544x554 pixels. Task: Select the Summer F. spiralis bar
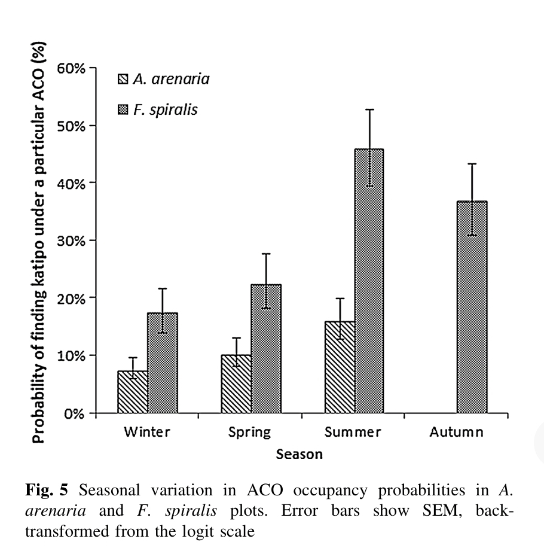coord(369,281)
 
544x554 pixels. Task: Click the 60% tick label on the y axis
coord(72,68)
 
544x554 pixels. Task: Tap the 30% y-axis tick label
coord(72,241)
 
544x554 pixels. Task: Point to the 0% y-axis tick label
coord(75,413)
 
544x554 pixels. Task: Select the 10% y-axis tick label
coord(72,355)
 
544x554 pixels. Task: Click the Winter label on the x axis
coord(146,432)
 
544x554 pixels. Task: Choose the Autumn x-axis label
coord(456,432)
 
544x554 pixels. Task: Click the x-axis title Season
coord(299,454)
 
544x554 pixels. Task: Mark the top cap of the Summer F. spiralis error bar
coord(369,109)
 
